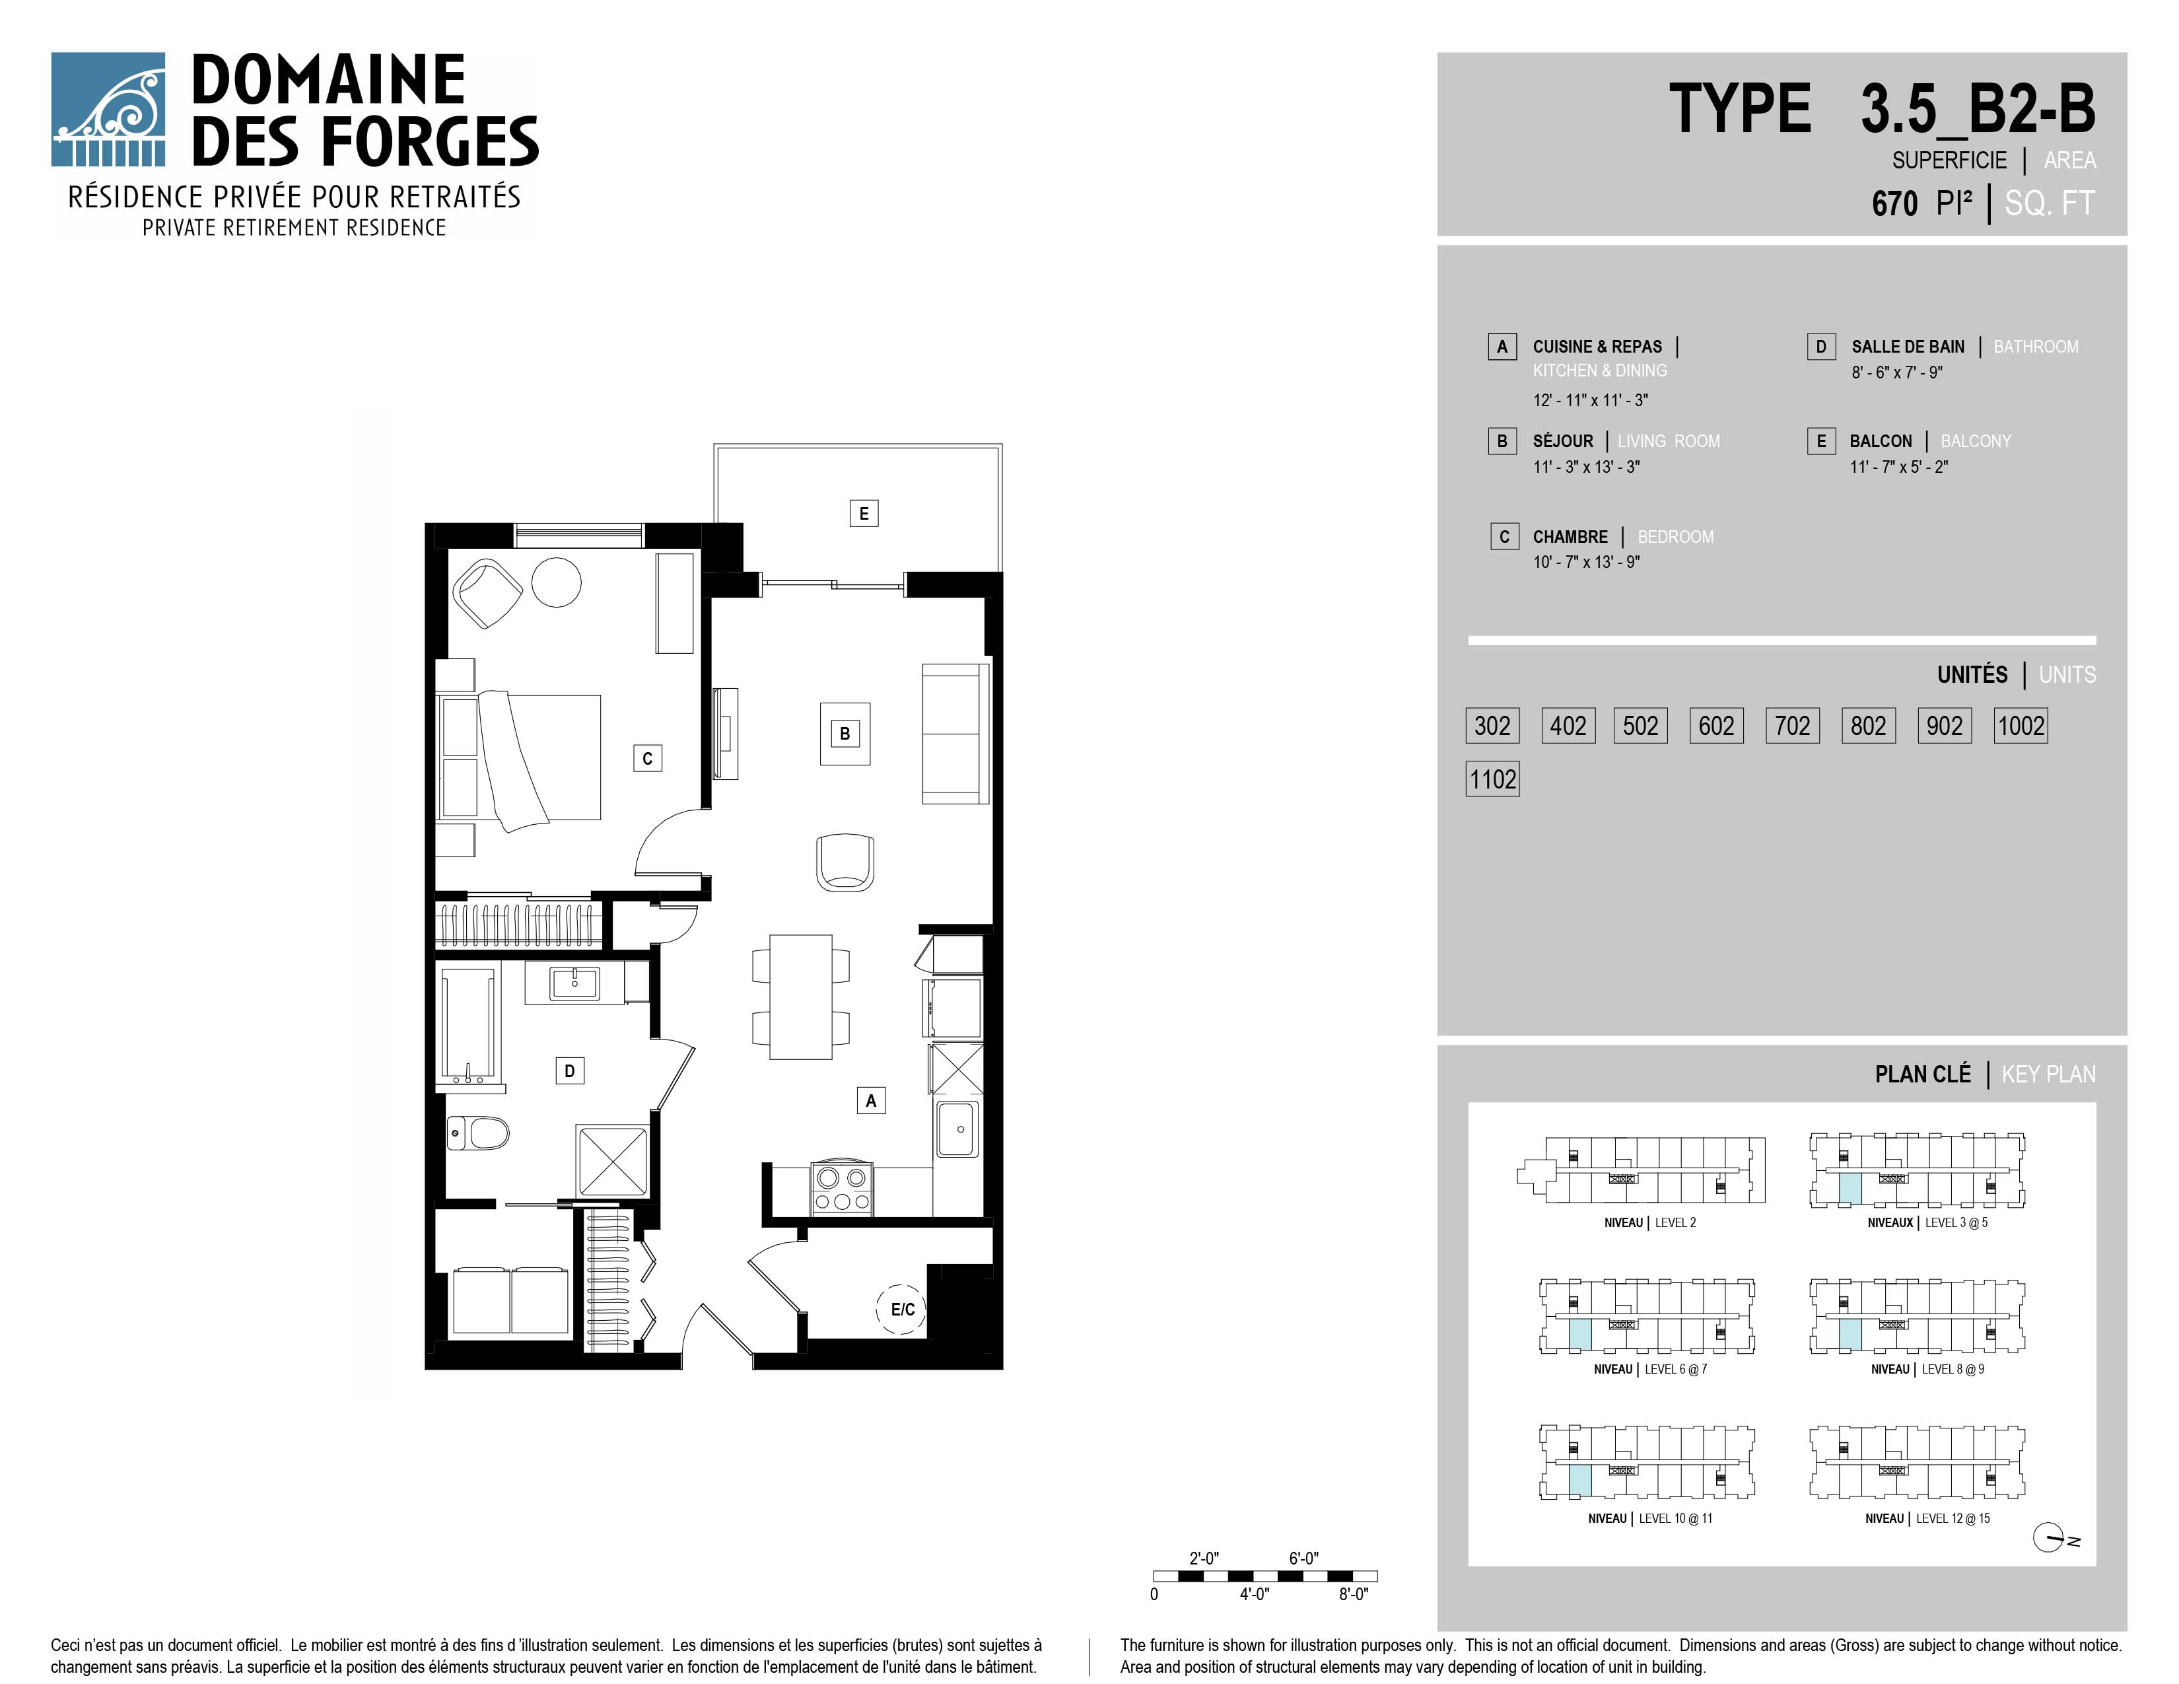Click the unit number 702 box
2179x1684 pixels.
[x=1792, y=725]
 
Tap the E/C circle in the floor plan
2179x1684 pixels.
[x=902, y=1310]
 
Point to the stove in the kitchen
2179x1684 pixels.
[x=841, y=1188]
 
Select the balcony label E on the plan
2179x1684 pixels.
[x=864, y=514]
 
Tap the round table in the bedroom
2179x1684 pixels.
[x=556, y=582]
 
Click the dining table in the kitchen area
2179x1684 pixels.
[x=800, y=997]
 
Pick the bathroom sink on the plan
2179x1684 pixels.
[x=574, y=983]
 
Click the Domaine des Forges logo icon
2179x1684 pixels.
[x=108, y=109]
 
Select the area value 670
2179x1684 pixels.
[x=1894, y=203]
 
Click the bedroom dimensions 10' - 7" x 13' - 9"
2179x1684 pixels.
[x=1586, y=562]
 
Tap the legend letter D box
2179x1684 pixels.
[x=1821, y=346]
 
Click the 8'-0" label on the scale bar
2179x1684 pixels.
[x=1353, y=1594]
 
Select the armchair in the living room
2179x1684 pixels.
[x=845, y=862]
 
